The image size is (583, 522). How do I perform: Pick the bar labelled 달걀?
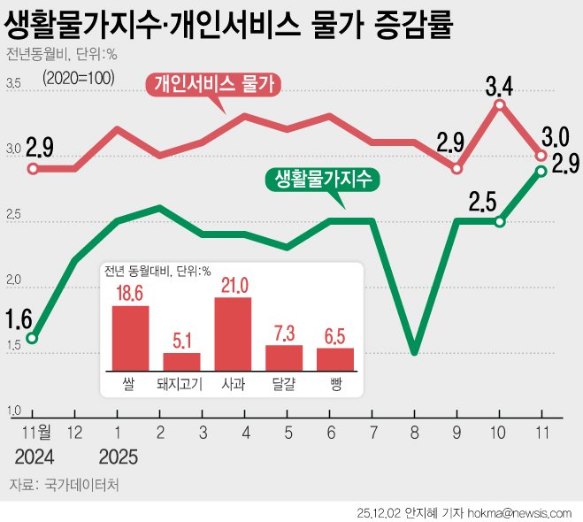[x=284, y=357]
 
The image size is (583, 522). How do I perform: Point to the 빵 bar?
[x=335, y=359]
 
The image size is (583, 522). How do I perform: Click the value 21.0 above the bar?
[x=233, y=284]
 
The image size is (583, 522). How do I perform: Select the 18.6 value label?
[x=130, y=292]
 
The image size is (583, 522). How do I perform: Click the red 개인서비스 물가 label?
[x=216, y=85]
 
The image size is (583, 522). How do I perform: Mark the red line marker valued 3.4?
[x=500, y=104]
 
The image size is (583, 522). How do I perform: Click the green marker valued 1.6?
[x=32, y=338]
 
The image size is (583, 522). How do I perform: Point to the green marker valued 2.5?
[x=500, y=221]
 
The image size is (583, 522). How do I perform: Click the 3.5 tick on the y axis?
[x=13, y=84]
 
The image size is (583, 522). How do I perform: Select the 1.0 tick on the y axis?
[x=13, y=411]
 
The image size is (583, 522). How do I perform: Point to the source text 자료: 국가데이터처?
[x=63, y=485]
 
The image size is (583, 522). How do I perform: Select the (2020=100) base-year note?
[x=79, y=77]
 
